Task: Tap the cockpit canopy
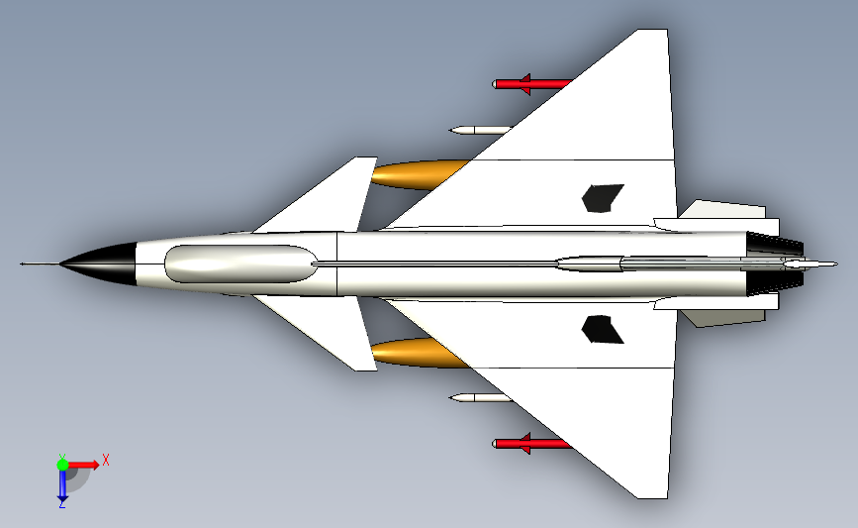240,264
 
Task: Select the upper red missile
531,84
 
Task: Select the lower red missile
531,443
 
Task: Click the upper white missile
480,131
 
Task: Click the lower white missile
480,397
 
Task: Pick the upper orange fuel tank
419,174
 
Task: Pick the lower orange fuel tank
419,354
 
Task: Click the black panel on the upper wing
603,198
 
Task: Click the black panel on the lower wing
603,330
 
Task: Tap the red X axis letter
106,460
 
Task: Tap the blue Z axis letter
62,504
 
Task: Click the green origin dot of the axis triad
62,465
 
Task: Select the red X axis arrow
83,465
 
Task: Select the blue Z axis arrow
62,485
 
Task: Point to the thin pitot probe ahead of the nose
40,264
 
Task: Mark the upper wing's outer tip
652,30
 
